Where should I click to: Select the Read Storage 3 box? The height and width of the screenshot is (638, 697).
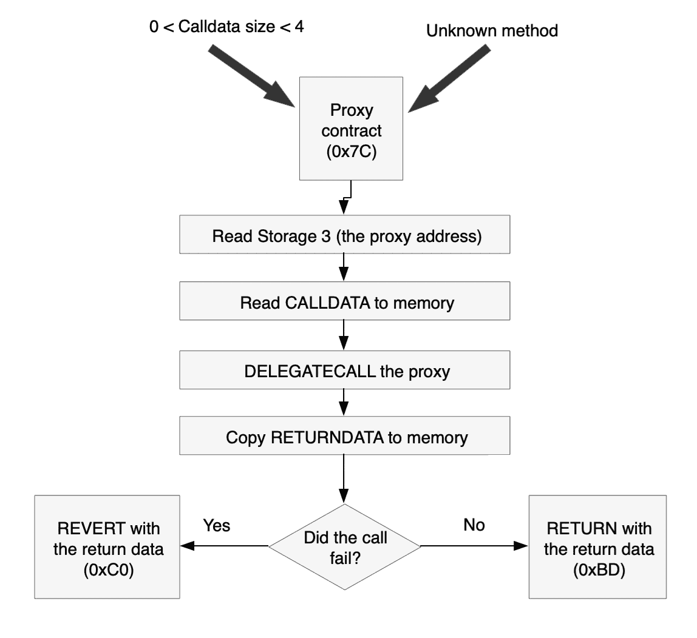(x=344, y=236)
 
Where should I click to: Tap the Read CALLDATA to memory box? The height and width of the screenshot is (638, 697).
(x=344, y=303)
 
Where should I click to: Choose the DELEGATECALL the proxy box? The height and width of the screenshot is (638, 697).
(x=344, y=371)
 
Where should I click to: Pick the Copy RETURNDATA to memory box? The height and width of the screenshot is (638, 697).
(x=344, y=437)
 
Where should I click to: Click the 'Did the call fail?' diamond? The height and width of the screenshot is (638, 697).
(x=344, y=546)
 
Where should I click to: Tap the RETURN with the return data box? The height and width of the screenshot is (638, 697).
(x=598, y=546)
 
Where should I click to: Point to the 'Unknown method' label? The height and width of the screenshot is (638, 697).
(x=492, y=31)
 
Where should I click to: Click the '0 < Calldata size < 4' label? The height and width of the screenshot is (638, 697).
(x=226, y=27)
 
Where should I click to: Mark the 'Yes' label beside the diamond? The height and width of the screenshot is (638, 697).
(x=217, y=525)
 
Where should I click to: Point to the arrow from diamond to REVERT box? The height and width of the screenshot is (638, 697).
(x=225, y=546)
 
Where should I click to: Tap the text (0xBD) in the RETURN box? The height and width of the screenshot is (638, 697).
(x=598, y=571)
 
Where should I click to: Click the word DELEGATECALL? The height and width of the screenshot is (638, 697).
(x=310, y=371)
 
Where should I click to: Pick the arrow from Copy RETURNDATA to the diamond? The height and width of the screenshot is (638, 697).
(x=344, y=479)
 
